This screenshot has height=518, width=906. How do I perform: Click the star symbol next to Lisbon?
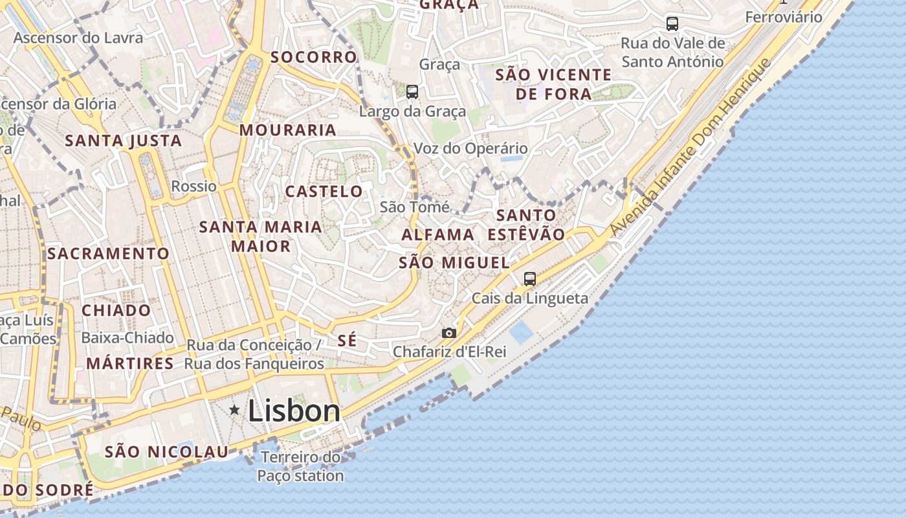(x=234, y=410)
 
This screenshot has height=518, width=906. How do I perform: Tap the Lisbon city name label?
(x=294, y=411)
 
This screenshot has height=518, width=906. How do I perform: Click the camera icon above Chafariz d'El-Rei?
(x=449, y=333)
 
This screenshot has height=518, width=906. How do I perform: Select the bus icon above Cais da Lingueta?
(x=530, y=279)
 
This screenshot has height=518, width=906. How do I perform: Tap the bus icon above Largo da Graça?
(x=412, y=92)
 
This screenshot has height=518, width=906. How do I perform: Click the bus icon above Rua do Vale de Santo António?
(x=672, y=24)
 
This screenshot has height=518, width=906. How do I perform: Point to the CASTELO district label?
(x=324, y=192)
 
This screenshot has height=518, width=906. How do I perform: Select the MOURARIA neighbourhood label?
(x=288, y=130)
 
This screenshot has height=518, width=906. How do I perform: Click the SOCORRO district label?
(x=314, y=57)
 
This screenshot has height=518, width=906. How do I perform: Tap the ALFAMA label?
(x=438, y=234)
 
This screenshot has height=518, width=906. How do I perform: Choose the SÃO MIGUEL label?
(x=454, y=262)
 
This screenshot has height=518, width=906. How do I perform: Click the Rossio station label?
(x=194, y=186)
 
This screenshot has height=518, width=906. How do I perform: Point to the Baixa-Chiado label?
(x=127, y=338)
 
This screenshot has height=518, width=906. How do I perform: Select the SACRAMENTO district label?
(x=109, y=253)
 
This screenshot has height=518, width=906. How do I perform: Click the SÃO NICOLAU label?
(x=167, y=452)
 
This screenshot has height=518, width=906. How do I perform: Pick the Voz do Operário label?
(x=470, y=148)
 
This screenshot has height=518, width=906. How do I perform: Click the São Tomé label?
(x=415, y=207)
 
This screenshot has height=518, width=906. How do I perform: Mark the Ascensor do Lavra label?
(x=78, y=38)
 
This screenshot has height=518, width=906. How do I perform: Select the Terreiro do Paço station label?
(x=301, y=466)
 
